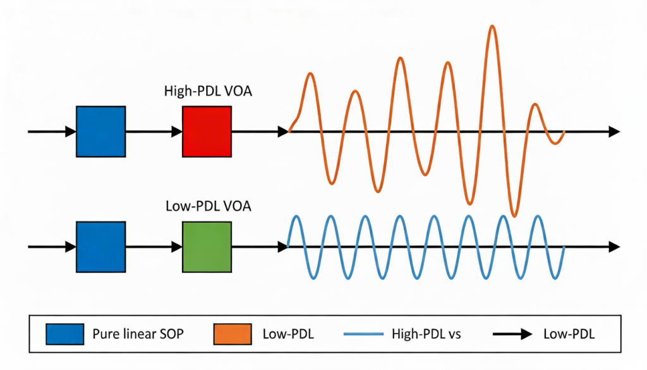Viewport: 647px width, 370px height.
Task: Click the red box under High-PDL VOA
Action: pos(207,132)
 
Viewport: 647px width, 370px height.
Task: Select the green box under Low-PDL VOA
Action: pos(207,246)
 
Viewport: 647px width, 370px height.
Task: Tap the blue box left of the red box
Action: pos(100,132)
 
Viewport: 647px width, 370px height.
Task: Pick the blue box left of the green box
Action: pos(100,246)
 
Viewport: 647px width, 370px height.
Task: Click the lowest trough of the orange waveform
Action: pos(514,216)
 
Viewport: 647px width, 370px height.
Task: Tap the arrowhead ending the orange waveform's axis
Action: pos(614,132)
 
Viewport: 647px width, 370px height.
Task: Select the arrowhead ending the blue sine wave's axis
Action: pos(614,246)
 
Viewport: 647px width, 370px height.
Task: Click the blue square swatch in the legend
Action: pos(65,333)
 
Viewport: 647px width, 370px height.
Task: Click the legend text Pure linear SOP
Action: pos(138,333)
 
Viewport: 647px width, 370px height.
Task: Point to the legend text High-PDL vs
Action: pos(426,333)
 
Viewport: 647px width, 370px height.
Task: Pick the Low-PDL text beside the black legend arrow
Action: pos(569,333)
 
